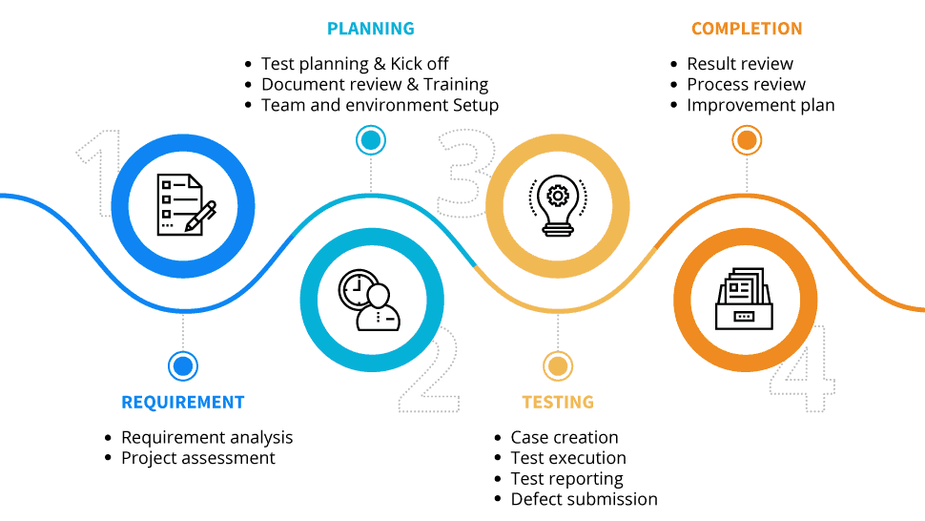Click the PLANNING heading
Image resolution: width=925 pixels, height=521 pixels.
370,29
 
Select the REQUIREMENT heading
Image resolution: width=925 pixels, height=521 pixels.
182,402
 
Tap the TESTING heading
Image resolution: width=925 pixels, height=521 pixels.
557,402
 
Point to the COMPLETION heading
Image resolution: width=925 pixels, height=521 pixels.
747,29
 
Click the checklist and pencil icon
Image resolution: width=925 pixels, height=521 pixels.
183,203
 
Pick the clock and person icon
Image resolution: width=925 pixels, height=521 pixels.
371,300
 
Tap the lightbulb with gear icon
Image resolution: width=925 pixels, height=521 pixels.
558,203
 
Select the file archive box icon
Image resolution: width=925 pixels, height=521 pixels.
746,300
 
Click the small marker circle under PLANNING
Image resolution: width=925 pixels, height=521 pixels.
370,141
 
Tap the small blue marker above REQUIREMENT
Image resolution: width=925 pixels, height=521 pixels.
182,365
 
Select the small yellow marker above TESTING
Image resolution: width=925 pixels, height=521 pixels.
557,365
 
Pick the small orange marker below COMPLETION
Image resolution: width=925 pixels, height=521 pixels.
747,141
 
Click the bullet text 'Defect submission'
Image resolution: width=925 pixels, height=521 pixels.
584,499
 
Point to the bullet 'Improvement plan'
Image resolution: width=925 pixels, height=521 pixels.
761,105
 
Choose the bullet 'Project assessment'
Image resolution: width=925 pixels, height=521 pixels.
198,458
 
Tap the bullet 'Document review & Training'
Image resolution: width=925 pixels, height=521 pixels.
375,84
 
